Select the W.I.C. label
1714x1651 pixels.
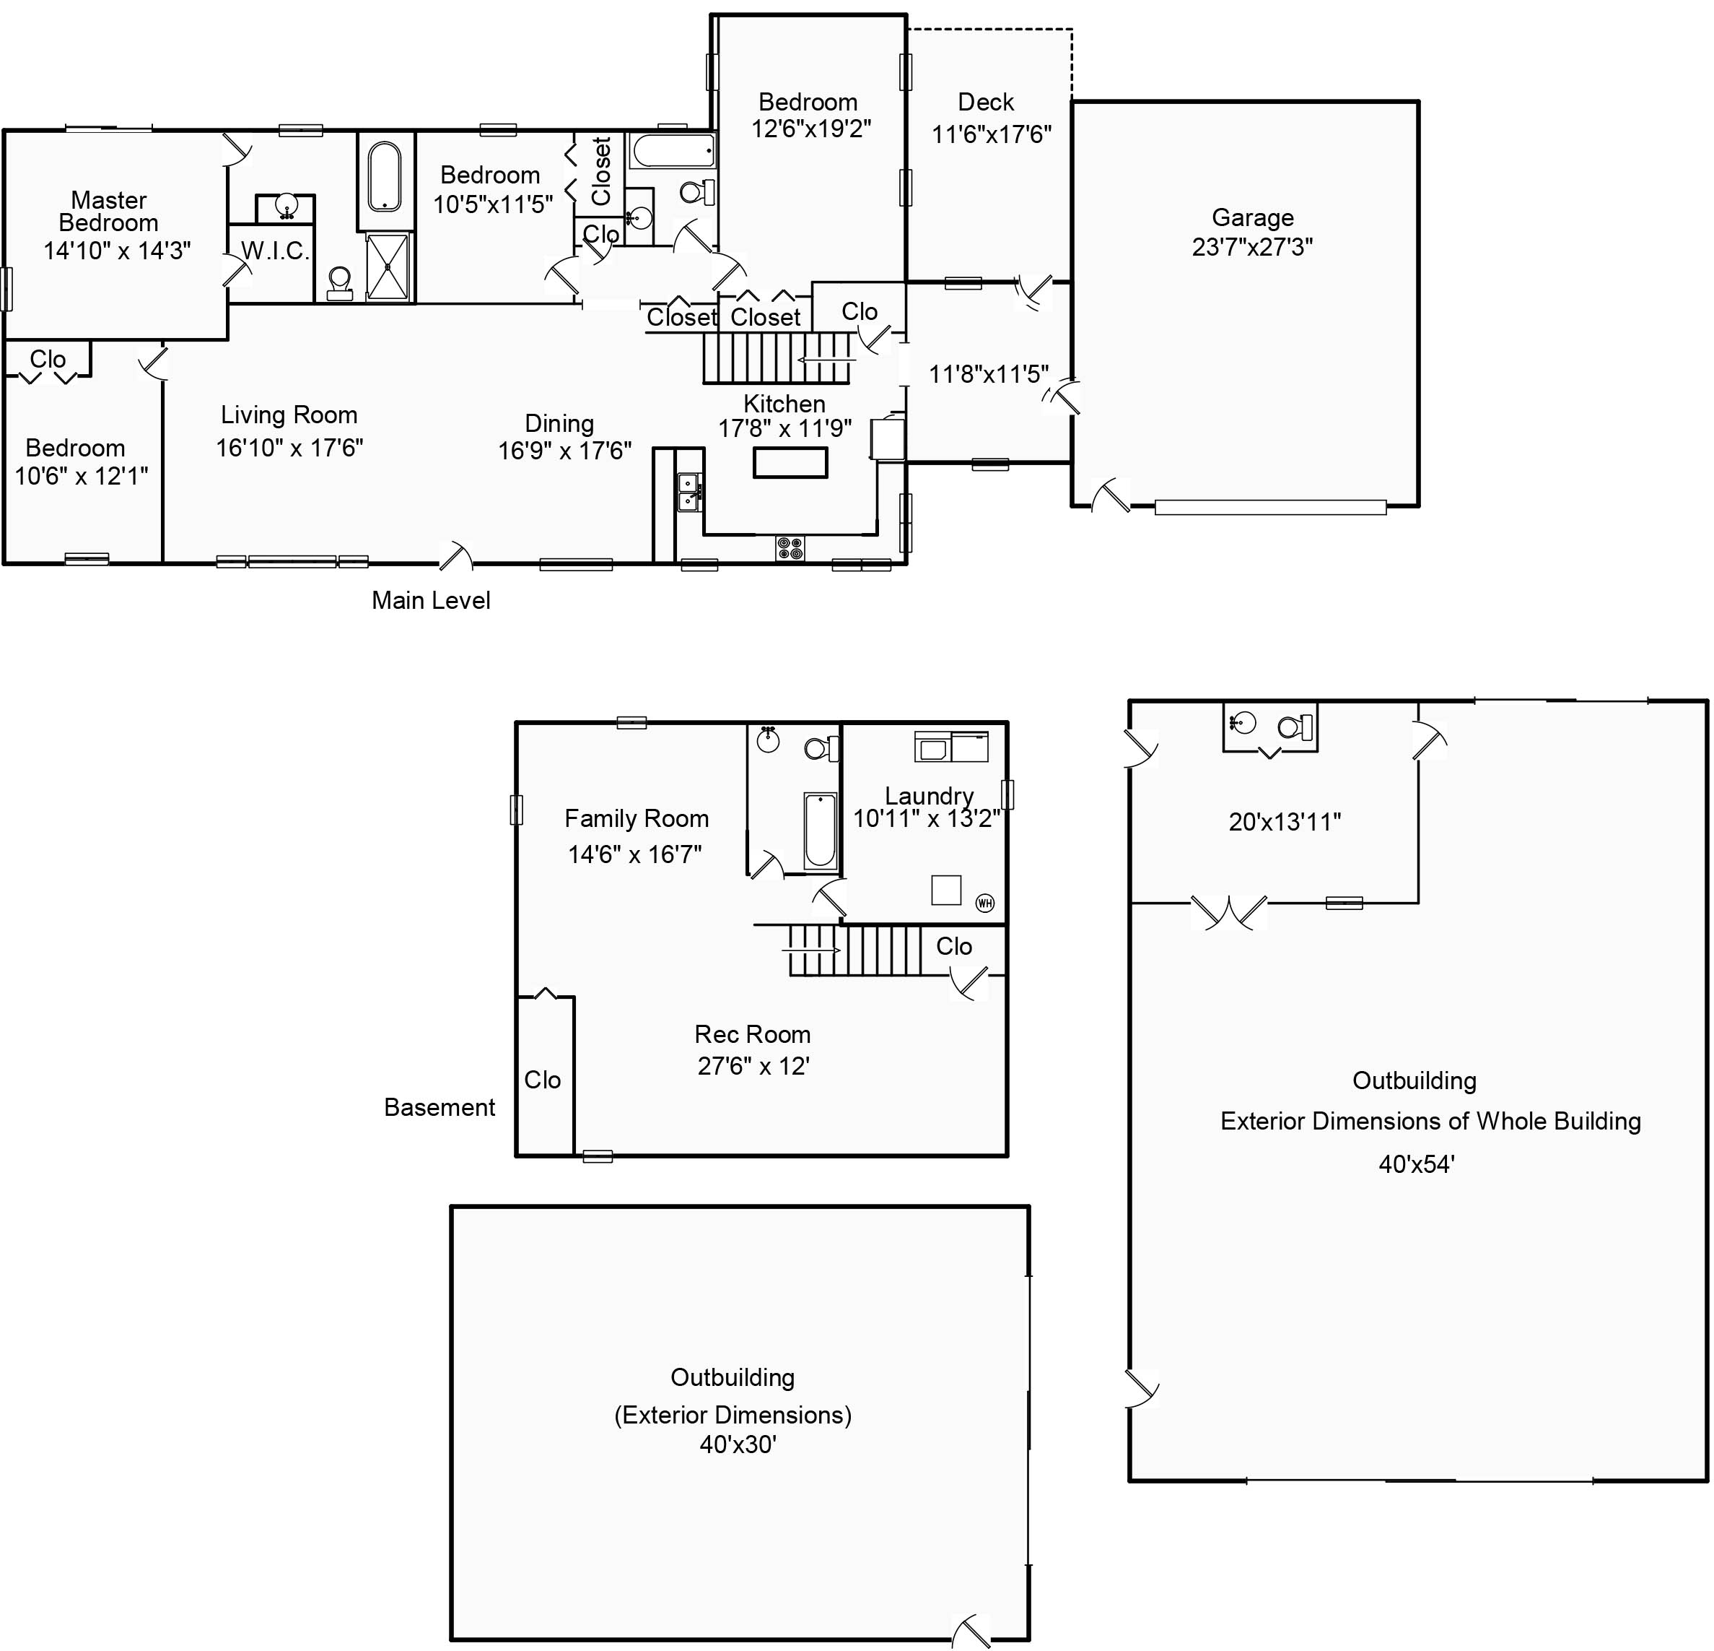(x=274, y=251)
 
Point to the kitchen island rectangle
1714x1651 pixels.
(x=790, y=462)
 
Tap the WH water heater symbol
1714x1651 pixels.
(x=984, y=903)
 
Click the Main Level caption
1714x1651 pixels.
(x=430, y=600)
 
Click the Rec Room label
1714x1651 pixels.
(x=752, y=1034)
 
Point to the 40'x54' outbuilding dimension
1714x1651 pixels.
(x=1416, y=1163)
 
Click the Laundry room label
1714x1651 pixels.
(x=929, y=795)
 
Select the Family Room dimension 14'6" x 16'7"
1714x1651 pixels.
(x=635, y=854)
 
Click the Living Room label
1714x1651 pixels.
(x=289, y=415)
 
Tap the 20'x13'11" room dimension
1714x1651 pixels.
(x=1285, y=822)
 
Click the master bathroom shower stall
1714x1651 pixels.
(x=387, y=266)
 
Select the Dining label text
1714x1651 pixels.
(x=559, y=423)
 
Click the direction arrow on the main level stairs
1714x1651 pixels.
(x=826, y=360)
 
